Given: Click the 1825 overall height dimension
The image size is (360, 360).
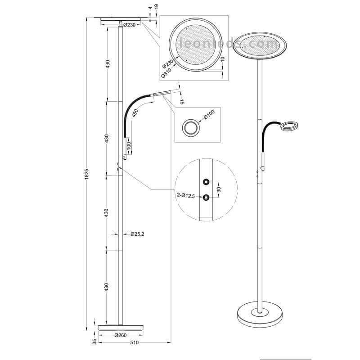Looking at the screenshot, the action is tap(86, 174).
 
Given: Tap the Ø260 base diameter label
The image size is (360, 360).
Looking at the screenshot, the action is tap(121, 335).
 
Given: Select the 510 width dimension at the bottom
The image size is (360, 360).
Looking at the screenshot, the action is tap(134, 342).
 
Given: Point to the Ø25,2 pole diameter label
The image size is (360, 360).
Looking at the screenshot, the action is tap(137, 234).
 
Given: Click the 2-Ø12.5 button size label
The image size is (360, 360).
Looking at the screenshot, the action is tap(186, 196).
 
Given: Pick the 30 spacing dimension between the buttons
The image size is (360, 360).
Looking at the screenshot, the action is tap(219, 189).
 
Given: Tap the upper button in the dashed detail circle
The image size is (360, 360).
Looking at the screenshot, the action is tap(206, 182).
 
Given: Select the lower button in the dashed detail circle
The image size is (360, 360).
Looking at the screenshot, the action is tap(206, 197).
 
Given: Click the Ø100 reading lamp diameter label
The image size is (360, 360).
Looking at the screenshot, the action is tap(209, 115).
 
